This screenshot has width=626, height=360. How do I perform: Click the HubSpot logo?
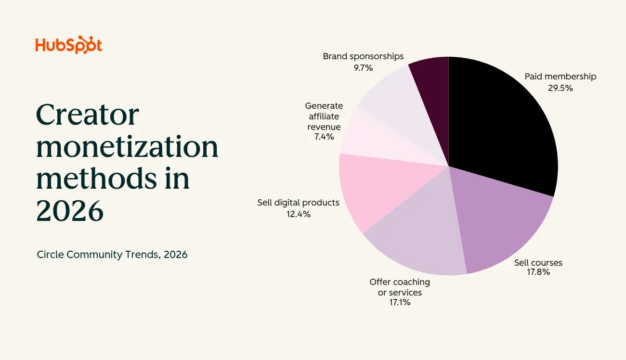[x=68, y=45]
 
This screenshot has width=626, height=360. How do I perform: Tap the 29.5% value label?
[x=560, y=88]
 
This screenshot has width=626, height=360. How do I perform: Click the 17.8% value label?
[x=538, y=272]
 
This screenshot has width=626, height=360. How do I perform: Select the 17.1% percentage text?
[x=400, y=302]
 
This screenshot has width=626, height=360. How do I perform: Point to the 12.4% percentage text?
[x=298, y=214]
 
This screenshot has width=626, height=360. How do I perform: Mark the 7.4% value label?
[x=324, y=137]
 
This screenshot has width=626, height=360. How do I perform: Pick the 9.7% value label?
[x=363, y=68]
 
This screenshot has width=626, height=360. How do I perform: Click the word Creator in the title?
[x=87, y=116]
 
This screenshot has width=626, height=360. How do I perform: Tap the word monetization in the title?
[x=127, y=147]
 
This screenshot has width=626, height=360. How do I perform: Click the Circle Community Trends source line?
[x=112, y=254]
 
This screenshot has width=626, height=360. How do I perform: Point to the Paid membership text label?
[x=560, y=77]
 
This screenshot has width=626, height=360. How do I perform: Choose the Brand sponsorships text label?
[x=363, y=56]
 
